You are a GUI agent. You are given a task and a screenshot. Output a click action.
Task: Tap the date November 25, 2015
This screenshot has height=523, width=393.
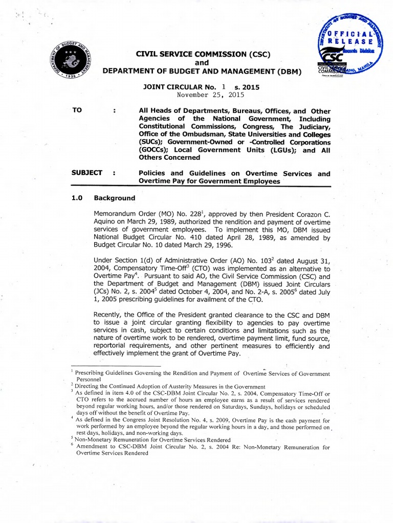(x=210, y=95)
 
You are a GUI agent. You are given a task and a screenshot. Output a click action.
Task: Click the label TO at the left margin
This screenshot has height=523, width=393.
(x=77, y=111)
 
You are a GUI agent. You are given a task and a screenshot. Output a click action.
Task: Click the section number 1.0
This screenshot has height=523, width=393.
(x=78, y=198)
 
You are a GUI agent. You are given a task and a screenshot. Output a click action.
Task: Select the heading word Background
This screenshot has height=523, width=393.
(x=115, y=198)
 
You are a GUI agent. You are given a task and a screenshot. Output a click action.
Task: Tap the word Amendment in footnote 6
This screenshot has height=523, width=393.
(x=94, y=446)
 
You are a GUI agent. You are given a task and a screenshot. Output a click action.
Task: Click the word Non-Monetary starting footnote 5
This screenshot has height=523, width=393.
(x=97, y=439)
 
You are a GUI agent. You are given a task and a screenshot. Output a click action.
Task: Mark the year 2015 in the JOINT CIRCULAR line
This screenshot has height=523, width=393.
(x=250, y=87)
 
